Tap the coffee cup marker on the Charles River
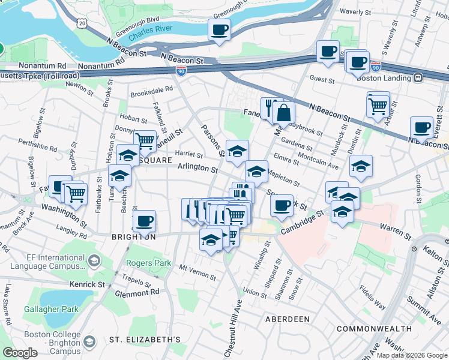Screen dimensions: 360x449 tap(219, 29)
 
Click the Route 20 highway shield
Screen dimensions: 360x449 tap(81, 22)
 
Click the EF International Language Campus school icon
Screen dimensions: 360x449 tap(94, 260)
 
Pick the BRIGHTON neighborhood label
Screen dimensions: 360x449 tap(133, 237)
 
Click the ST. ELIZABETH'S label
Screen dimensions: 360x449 tap(145, 340)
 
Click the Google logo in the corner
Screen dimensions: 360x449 tap(20, 353)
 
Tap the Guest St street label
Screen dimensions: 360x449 tap(322, 79)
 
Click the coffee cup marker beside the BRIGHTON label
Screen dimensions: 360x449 tap(144, 220)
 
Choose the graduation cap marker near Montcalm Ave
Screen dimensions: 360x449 tap(361, 166)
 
